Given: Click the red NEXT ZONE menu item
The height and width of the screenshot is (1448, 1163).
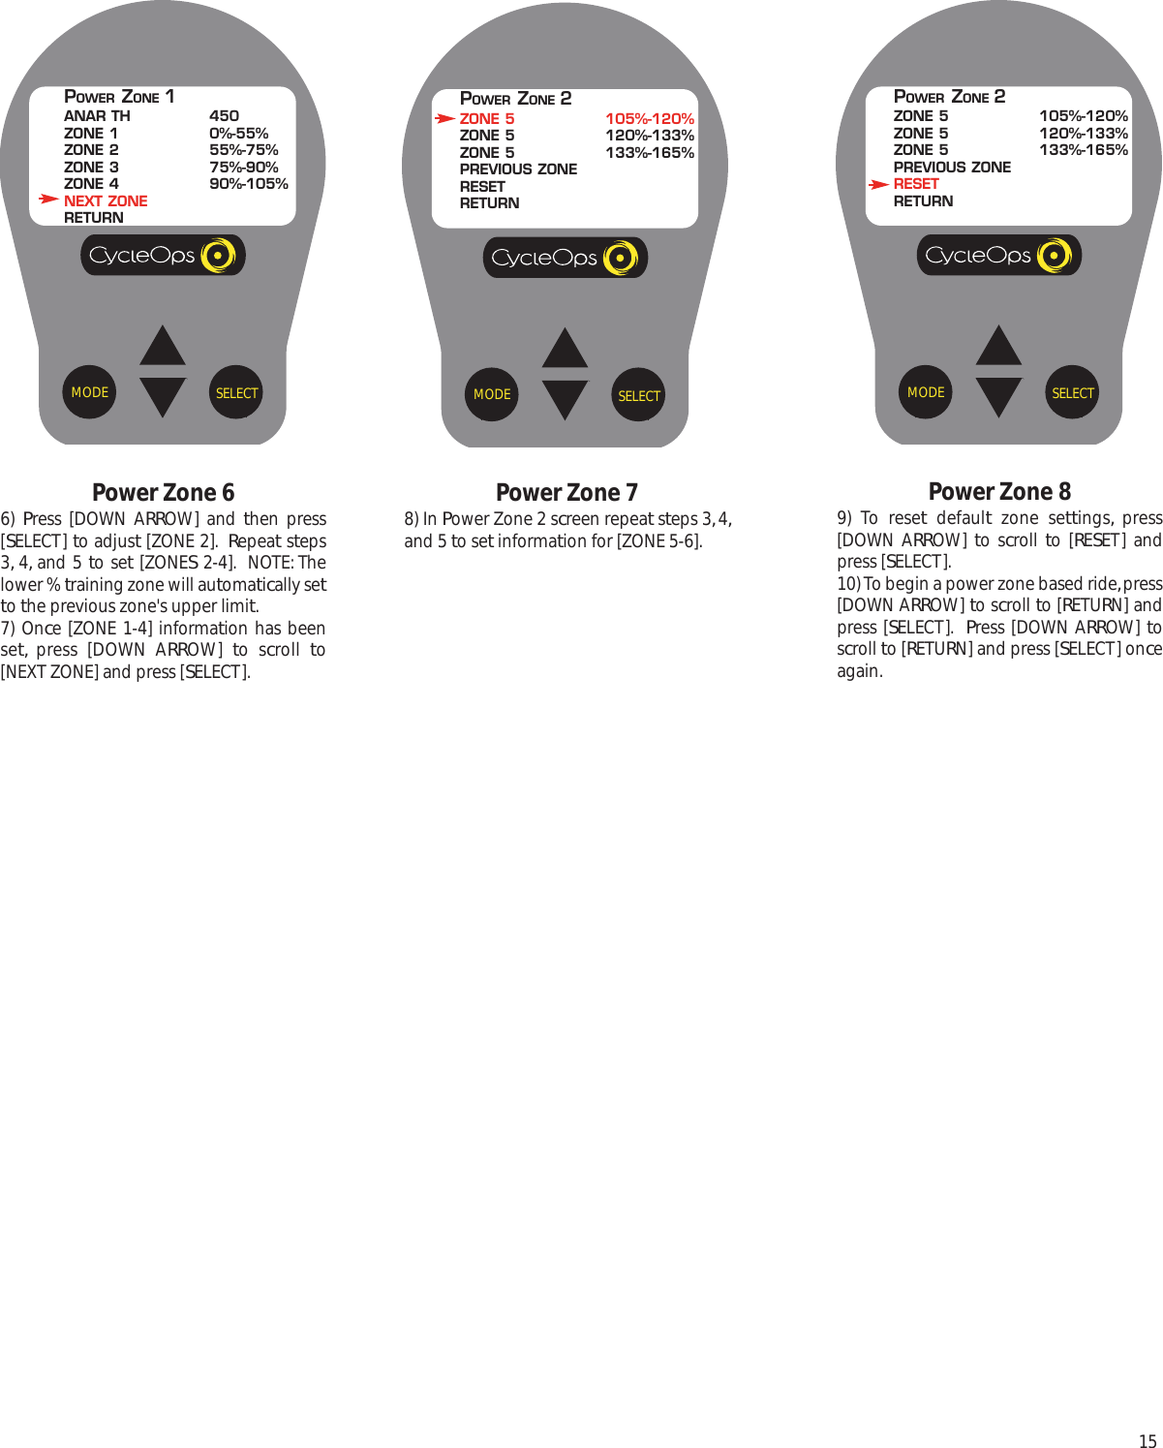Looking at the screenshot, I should (x=106, y=200).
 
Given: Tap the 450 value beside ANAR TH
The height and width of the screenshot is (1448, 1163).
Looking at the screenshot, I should (x=224, y=115).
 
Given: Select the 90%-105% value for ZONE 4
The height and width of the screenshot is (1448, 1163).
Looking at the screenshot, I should (x=248, y=183).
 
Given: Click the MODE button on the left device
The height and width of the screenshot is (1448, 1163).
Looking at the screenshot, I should (x=89, y=392).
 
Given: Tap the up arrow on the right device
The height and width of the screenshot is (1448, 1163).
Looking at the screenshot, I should (x=998, y=347).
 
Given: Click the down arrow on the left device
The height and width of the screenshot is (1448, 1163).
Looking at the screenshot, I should (x=163, y=396).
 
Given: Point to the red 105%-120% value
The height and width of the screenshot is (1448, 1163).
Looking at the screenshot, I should (x=649, y=118).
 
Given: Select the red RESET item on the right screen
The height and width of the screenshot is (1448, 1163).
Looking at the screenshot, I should (x=916, y=183).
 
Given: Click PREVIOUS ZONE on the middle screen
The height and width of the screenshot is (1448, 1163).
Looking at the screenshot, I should (x=518, y=169).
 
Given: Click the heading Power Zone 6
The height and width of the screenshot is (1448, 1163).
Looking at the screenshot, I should (x=163, y=492).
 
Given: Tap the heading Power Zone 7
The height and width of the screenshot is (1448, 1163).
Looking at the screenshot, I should (x=566, y=492).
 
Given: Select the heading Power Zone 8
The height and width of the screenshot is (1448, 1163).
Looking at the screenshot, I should (x=999, y=491).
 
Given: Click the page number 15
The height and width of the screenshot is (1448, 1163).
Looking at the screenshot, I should (x=1147, y=1440).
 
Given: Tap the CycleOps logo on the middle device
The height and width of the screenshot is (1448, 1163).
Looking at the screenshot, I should (x=565, y=258).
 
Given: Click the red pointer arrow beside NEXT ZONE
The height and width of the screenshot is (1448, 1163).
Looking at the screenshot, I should (x=48, y=199).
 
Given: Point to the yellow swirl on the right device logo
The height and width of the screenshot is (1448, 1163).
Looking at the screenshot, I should (x=1054, y=256).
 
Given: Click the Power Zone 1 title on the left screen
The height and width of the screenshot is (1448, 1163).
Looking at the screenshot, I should (x=119, y=96).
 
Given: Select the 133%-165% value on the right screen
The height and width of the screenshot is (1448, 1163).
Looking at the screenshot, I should (x=1083, y=149).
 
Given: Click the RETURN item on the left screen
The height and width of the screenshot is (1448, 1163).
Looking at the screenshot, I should (x=94, y=217).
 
